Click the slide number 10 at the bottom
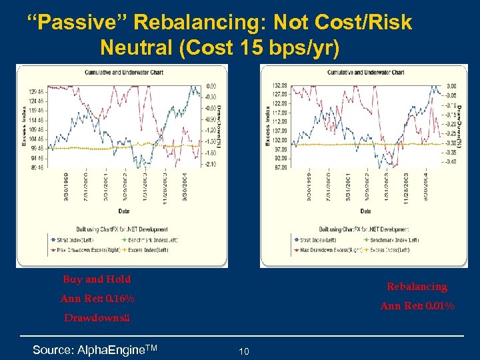pyautogui.click(x=244, y=351)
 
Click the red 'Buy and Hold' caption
pyautogui.click(x=97, y=279)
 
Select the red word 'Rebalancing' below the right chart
pyautogui.click(x=417, y=287)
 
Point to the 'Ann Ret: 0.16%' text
pyautogui.click(x=97, y=298)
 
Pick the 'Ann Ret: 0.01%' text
pyautogui.click(x=417, y=307)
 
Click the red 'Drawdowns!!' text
pyautogui.click(x=97, y=318)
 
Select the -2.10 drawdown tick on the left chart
pyautogui.click(x=211, y=164)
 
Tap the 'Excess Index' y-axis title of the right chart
pyautogui.click(x=267, y=126)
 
